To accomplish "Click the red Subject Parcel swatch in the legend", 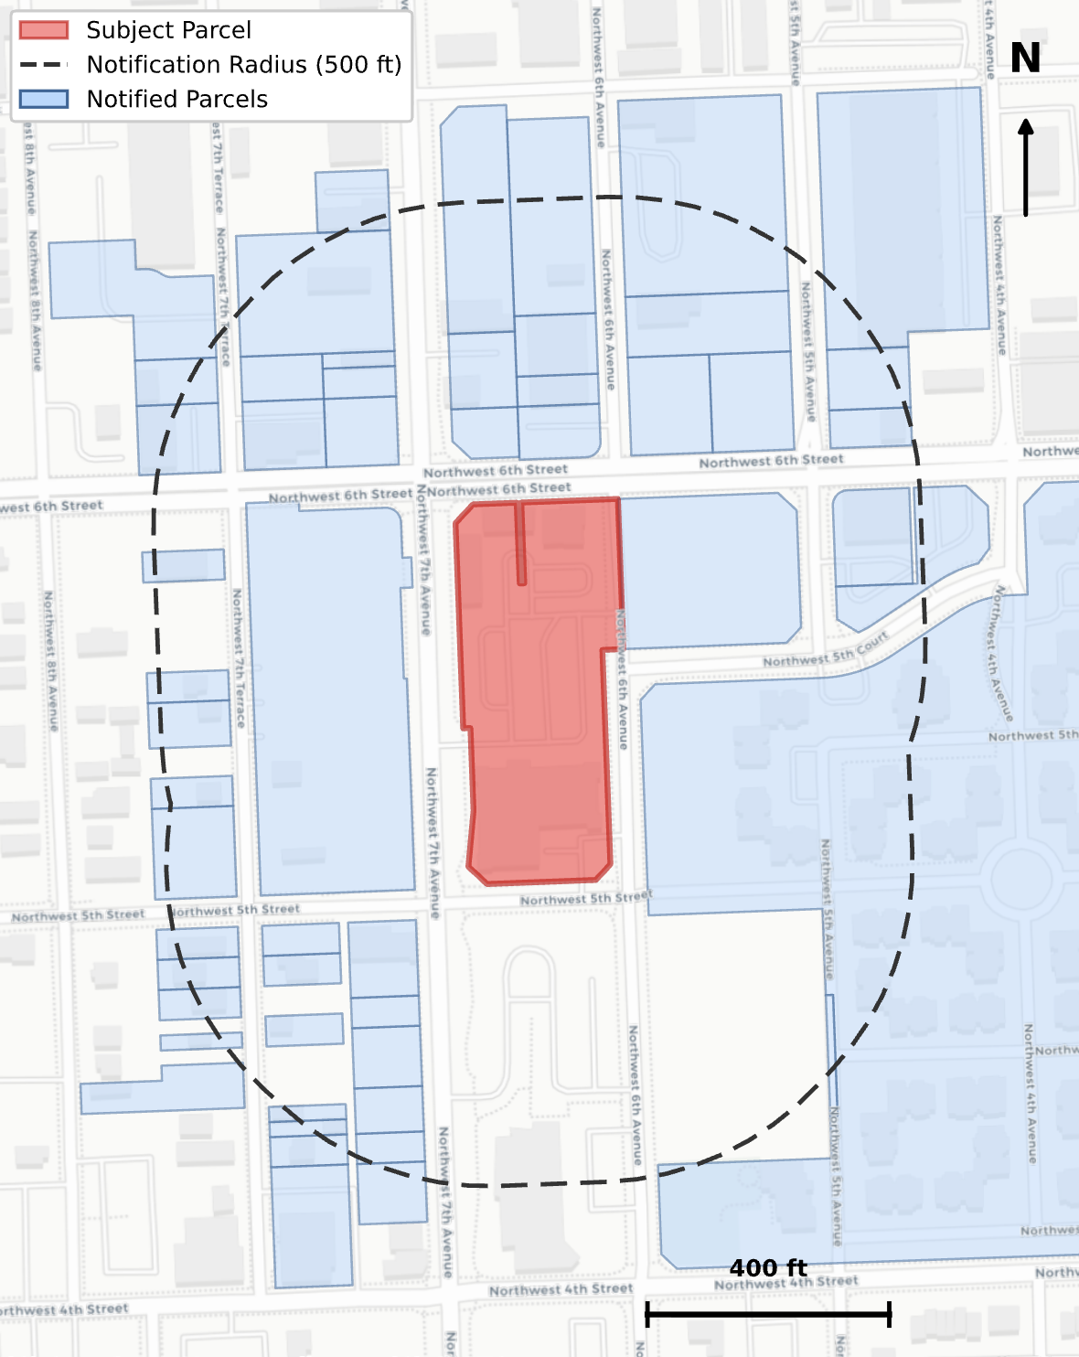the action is click(x=44, y=30).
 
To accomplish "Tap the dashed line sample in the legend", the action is click(x=44, y=65).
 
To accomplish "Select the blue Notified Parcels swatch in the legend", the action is click(x=44, y=99).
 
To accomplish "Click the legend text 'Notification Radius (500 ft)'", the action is click(x=243, y=65).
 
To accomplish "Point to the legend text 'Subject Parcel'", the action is click(x=168, y=30).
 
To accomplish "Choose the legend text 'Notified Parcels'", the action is click(x=176, y=99).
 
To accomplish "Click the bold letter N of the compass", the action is click(x=1025, y=59).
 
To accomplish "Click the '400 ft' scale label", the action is click(x=768, y=1268).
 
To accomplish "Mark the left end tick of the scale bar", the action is click(x=647, y=1315).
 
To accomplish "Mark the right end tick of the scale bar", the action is click(x=890, y=1315).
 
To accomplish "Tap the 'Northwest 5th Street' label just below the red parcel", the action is click(x=585, y=899).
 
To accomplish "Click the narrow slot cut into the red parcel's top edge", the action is click(x=521, y=544).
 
